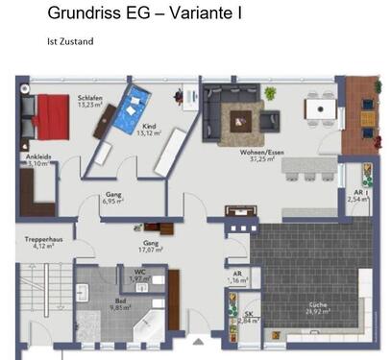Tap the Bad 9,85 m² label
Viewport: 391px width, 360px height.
tap(119, 303)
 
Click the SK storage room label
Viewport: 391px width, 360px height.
tap(249, 317)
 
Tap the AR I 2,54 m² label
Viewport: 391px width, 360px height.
tap(358, 197)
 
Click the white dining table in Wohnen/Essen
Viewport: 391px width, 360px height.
tap(321, 108)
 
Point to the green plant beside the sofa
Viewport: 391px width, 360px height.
tap(270, 93)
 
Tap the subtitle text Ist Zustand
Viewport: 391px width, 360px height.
tap(69, 41)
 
